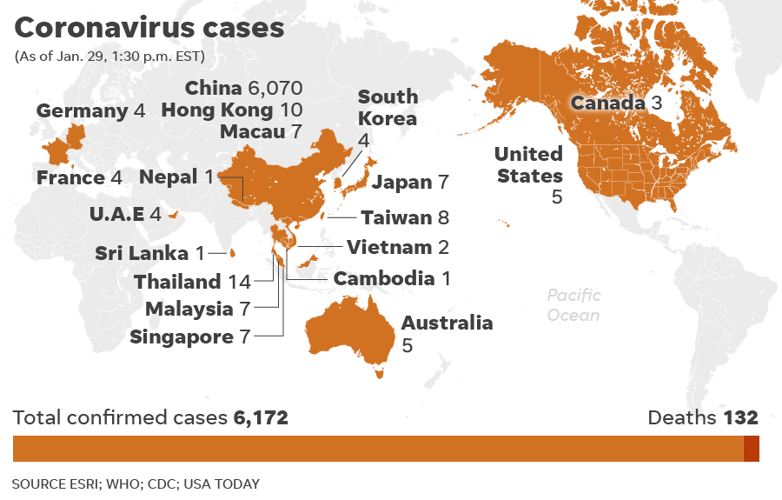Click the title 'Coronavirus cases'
[x=149, y=28]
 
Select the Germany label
[x=83, y=111]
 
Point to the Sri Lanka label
[x=142, y=253]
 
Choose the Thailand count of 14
[x=239, y=282]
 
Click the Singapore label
[x=182, y=337]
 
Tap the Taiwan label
[x=396, y=217]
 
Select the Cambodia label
[x=384, y=278]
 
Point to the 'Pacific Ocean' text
[x=573, y=305]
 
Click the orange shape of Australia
[x=348, y=330]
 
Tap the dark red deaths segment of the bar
[x=752, y=449]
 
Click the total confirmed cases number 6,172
[x=261, y=417]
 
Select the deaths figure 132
[x=741, y=417]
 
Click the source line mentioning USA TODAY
[x=136, y=483]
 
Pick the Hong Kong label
[x=217, y=110]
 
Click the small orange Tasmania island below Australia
[x=378, y=374]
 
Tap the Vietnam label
[x=389, y=247]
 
